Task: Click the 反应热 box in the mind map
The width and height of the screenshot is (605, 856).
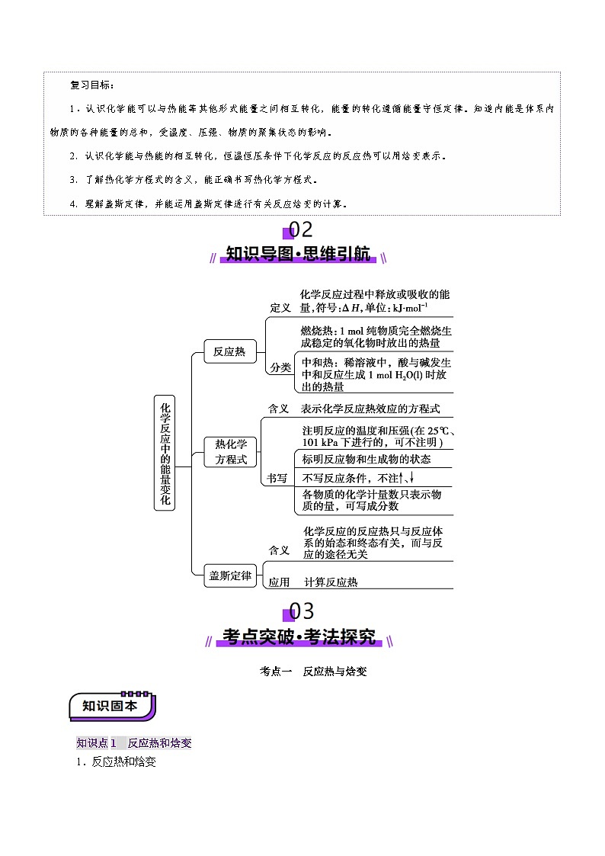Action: coord(229,351)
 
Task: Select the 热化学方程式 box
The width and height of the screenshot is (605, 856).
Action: coord(231,452)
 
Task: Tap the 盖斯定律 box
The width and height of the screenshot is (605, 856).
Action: coord(230,576)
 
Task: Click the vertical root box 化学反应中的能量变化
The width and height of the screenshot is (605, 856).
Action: coord(165,452)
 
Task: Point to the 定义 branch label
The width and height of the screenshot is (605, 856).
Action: coord(280,307)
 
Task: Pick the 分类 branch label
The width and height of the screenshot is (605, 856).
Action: coord(280,367)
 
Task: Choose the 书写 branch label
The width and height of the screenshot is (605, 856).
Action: coord(277,478)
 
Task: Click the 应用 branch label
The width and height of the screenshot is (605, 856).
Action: coord(279,582)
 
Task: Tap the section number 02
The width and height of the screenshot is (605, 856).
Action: coord(299,229)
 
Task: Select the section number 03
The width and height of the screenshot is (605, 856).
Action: coord(299,611)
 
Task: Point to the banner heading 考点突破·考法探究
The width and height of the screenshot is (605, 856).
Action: coord(299,637)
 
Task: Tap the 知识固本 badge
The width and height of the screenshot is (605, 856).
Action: coord(111,706)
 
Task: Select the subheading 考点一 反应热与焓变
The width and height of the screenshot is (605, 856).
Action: coord(313,672)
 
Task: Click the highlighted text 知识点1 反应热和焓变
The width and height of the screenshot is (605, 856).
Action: coord(133,743)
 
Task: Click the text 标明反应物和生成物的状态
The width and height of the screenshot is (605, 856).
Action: coord(366,459)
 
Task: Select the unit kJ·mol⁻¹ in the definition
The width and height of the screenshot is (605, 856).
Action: coord(410,308)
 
